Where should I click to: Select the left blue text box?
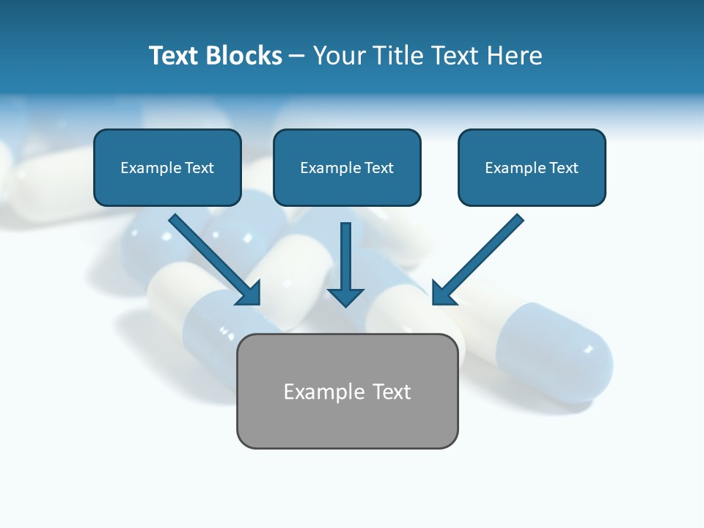point(167,167)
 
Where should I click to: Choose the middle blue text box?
point(347,167)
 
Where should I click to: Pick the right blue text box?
point(532,167)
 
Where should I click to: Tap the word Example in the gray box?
point(315,392)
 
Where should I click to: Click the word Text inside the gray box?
point(391,392)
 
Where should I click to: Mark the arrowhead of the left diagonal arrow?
point(249,293)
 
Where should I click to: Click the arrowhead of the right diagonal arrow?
point(444,293)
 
